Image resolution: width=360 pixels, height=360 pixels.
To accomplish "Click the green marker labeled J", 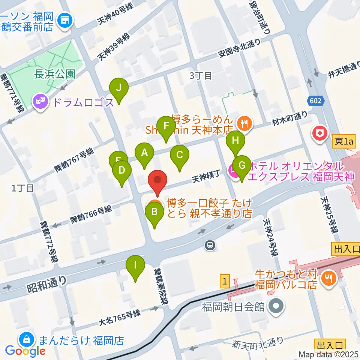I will [119, 88].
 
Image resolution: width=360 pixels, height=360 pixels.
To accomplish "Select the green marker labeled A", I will [144, 153].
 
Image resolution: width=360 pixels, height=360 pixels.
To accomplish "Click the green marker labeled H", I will [235, 142].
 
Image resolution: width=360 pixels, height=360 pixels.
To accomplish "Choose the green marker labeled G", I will [242, 166].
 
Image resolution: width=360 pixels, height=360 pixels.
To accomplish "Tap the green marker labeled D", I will [122, 171].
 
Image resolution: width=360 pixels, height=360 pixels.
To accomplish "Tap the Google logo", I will [25, 351].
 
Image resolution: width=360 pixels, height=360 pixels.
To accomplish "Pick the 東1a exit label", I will [343, 142].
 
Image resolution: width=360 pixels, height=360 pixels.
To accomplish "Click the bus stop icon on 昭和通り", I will [210, 246].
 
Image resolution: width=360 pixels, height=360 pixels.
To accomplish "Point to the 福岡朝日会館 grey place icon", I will [276, 307].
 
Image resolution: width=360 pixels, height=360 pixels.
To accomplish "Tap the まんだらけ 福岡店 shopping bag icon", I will [27, 340].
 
